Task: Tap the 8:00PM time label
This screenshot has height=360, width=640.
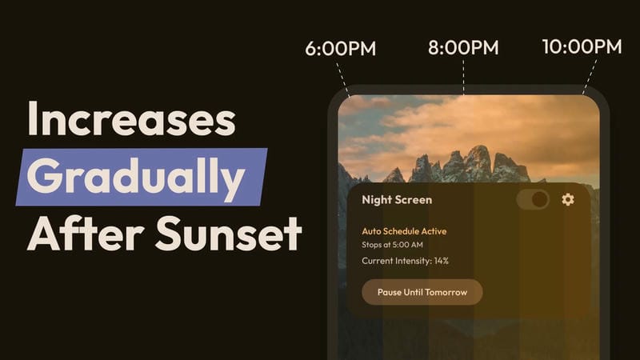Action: click(x=463, y=47)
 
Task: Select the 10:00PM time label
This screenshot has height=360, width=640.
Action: click(x=582, y=46)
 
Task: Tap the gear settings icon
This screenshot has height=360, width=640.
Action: click(x=568, y=199)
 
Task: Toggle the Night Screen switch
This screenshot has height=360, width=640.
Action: click(x=533, y=199)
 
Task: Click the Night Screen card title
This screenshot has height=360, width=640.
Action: click(x=397, y=200)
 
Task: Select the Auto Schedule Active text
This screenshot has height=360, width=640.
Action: click(x=404, y=231)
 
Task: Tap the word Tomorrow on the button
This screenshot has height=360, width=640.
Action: click(x=446, y=292)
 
